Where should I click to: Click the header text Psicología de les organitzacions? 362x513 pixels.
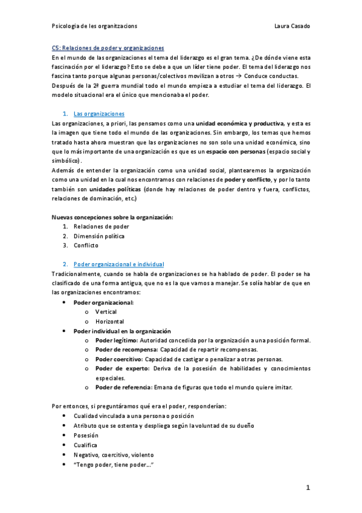94,26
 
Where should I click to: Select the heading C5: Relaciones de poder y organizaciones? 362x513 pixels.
108,48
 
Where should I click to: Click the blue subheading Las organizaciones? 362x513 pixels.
99,113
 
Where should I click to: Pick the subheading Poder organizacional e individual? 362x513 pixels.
118,264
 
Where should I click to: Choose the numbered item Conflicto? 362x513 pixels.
86,245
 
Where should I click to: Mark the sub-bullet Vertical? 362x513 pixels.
106,312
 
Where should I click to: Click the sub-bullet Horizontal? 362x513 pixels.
109,321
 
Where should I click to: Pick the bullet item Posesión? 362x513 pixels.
86,435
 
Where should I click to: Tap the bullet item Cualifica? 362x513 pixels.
86,444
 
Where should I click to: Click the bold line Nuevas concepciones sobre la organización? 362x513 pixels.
112,217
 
